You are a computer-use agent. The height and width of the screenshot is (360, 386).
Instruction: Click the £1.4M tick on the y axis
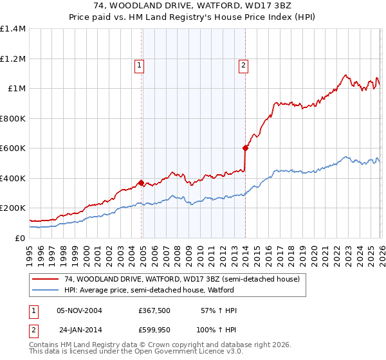(13, 29)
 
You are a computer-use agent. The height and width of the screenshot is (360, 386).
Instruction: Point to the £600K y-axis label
(13, 148)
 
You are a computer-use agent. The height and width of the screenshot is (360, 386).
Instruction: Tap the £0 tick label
(19, 238)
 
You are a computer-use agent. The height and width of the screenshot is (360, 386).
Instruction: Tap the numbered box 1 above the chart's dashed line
(140, 64)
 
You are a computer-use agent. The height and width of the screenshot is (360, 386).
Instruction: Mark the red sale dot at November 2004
(141, 183)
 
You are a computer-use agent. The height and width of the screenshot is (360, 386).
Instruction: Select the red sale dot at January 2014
(245, 148)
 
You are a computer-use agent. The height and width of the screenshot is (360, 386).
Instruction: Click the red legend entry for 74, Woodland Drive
(182, 280)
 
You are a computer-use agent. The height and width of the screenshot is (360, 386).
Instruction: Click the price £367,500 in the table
(153, 310)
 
